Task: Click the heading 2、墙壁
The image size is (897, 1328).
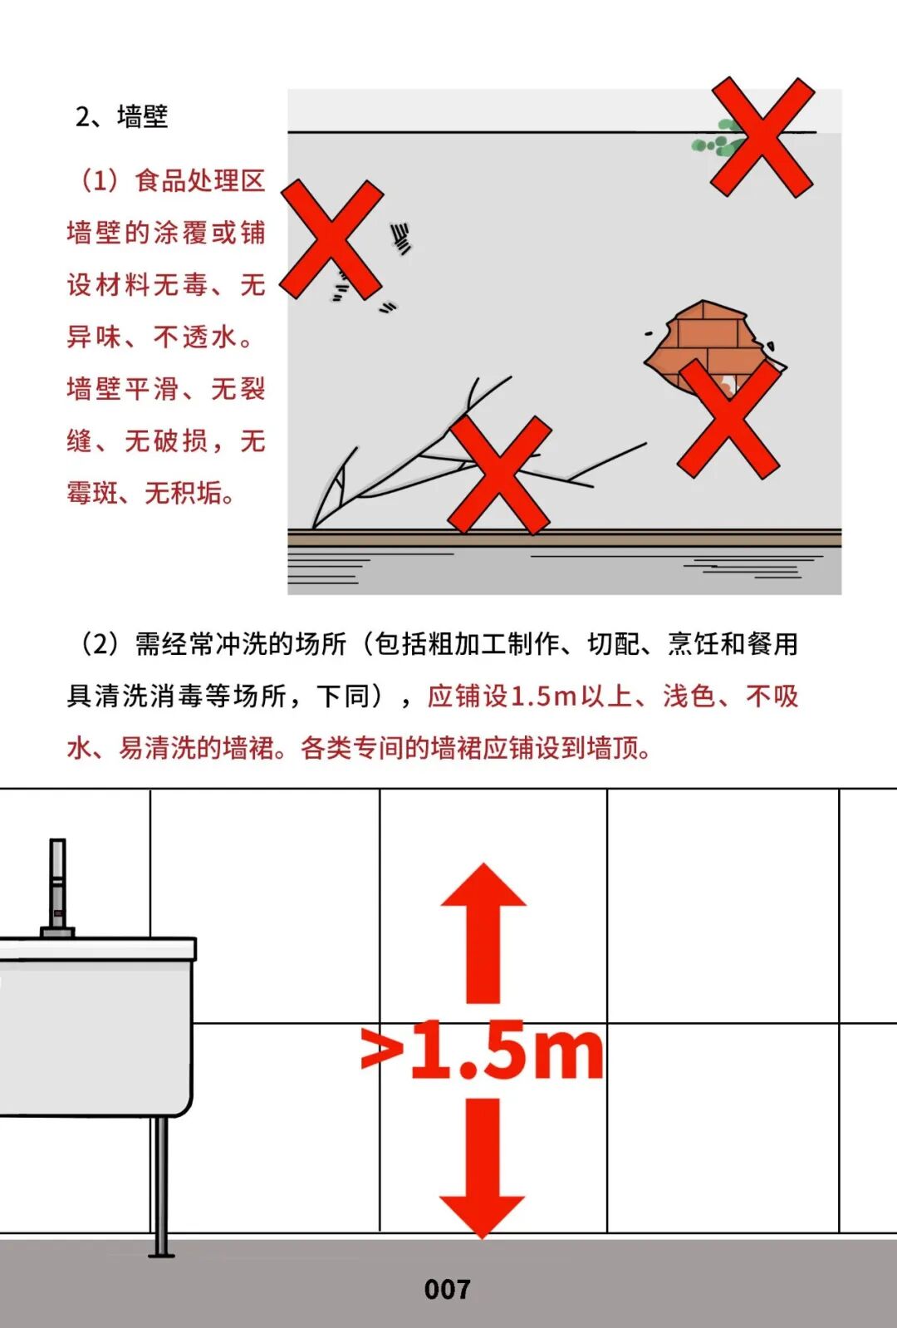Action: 121,116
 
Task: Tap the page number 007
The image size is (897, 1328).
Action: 448,1290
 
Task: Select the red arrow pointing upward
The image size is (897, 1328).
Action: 483,933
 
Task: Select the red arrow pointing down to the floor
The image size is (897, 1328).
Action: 483,1168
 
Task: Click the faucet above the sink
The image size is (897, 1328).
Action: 57,888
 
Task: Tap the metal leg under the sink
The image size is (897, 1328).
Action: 160,1187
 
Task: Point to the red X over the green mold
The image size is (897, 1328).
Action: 762,137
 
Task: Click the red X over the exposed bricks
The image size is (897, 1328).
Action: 728,419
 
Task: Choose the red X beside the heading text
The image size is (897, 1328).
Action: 331,239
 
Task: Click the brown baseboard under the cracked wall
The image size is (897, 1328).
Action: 564,539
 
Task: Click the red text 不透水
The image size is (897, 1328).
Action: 195,337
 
